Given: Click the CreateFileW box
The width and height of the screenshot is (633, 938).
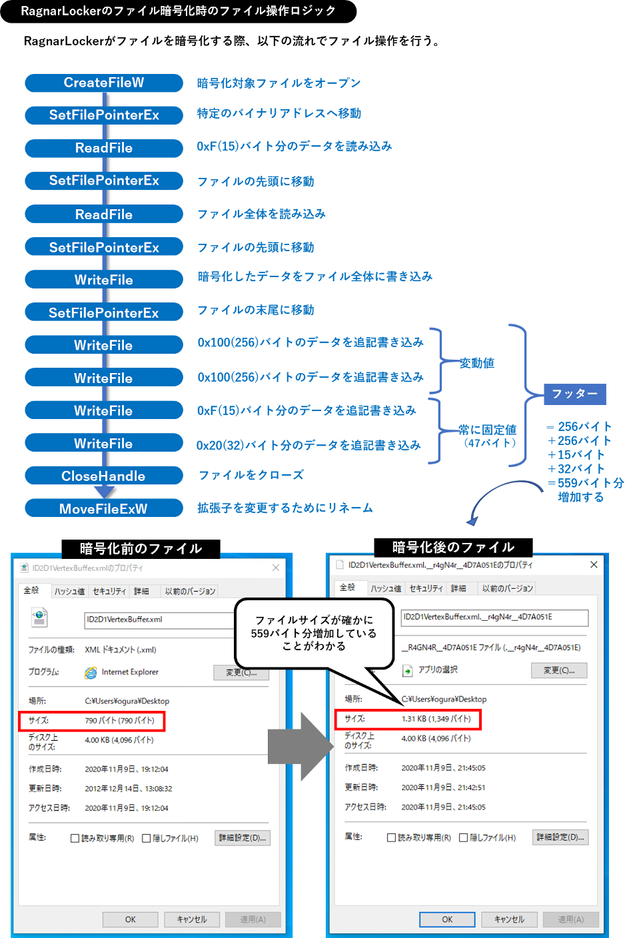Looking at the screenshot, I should [x=104, y=83].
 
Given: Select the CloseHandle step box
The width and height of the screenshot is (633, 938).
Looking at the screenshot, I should [x=104, y=476].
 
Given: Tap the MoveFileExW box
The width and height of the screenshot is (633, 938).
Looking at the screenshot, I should [x=104, y=508].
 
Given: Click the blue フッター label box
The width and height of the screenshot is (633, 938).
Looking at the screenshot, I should [x=574, y=394].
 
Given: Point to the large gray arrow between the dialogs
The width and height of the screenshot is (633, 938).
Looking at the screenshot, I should [x=300, y=746].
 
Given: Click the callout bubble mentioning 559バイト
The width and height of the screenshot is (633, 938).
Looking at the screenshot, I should [x=314, y=633].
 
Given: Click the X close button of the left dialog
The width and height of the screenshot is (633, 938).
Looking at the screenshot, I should [x=276, y=568].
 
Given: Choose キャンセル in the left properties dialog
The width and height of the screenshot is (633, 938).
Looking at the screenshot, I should [x=192, y=919].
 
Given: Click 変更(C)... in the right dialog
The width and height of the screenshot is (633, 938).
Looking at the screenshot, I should [x=558, y=670].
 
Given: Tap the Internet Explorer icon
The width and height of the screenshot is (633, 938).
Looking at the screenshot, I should [x=91, y=673].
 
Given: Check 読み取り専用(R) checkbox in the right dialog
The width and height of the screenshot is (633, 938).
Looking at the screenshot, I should [x=391, y=837].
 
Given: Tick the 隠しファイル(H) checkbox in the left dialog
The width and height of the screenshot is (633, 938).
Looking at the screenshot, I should [x=147, y=838].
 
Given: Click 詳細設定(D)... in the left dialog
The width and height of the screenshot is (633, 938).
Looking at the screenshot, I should [x=243, y=838].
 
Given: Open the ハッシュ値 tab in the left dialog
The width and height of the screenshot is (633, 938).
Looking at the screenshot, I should [x=69, y=591].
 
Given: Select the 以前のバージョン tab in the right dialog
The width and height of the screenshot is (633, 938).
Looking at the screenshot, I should [x=508, y=588].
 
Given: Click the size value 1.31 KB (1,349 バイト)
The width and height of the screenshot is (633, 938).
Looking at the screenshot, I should [x=436, y=719].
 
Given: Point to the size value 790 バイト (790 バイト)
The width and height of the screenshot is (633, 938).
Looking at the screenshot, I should [x=119, y=720].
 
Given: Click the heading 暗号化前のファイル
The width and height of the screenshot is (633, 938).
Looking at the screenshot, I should [x=141, y=548].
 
